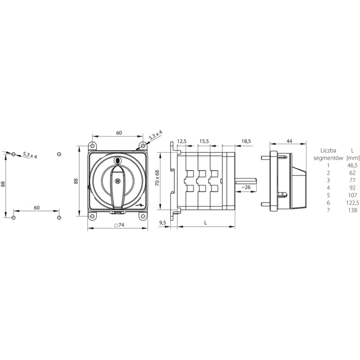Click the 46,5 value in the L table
pos(352,165)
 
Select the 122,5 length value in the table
pos(352,203)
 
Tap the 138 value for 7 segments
pos(352,210)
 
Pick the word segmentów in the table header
pos(328,158)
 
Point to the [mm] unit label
pos(353,158)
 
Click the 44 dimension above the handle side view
pos(289,141)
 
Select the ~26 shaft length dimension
pos(246,187)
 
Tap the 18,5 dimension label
pos(246,141)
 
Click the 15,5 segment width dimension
pos(204,141)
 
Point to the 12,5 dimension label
pos(181,141)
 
